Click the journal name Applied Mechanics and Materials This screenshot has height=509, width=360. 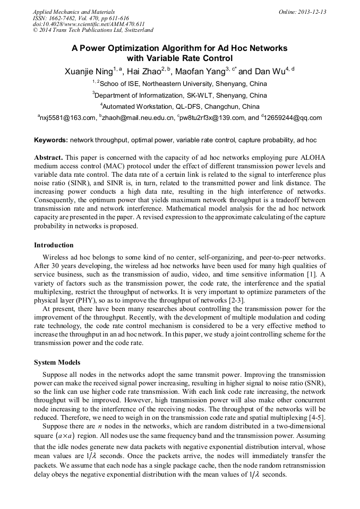point(73,12)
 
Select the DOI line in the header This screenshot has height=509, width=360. point(89,24)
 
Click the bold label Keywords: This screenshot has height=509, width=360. point(50,141)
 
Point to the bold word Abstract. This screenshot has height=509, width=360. point(48,158)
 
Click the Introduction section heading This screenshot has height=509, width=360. point(54,245)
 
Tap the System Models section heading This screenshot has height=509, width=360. point(57,363)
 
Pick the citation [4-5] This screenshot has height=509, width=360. point(316,418)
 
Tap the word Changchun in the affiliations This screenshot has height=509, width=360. point(224,106)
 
